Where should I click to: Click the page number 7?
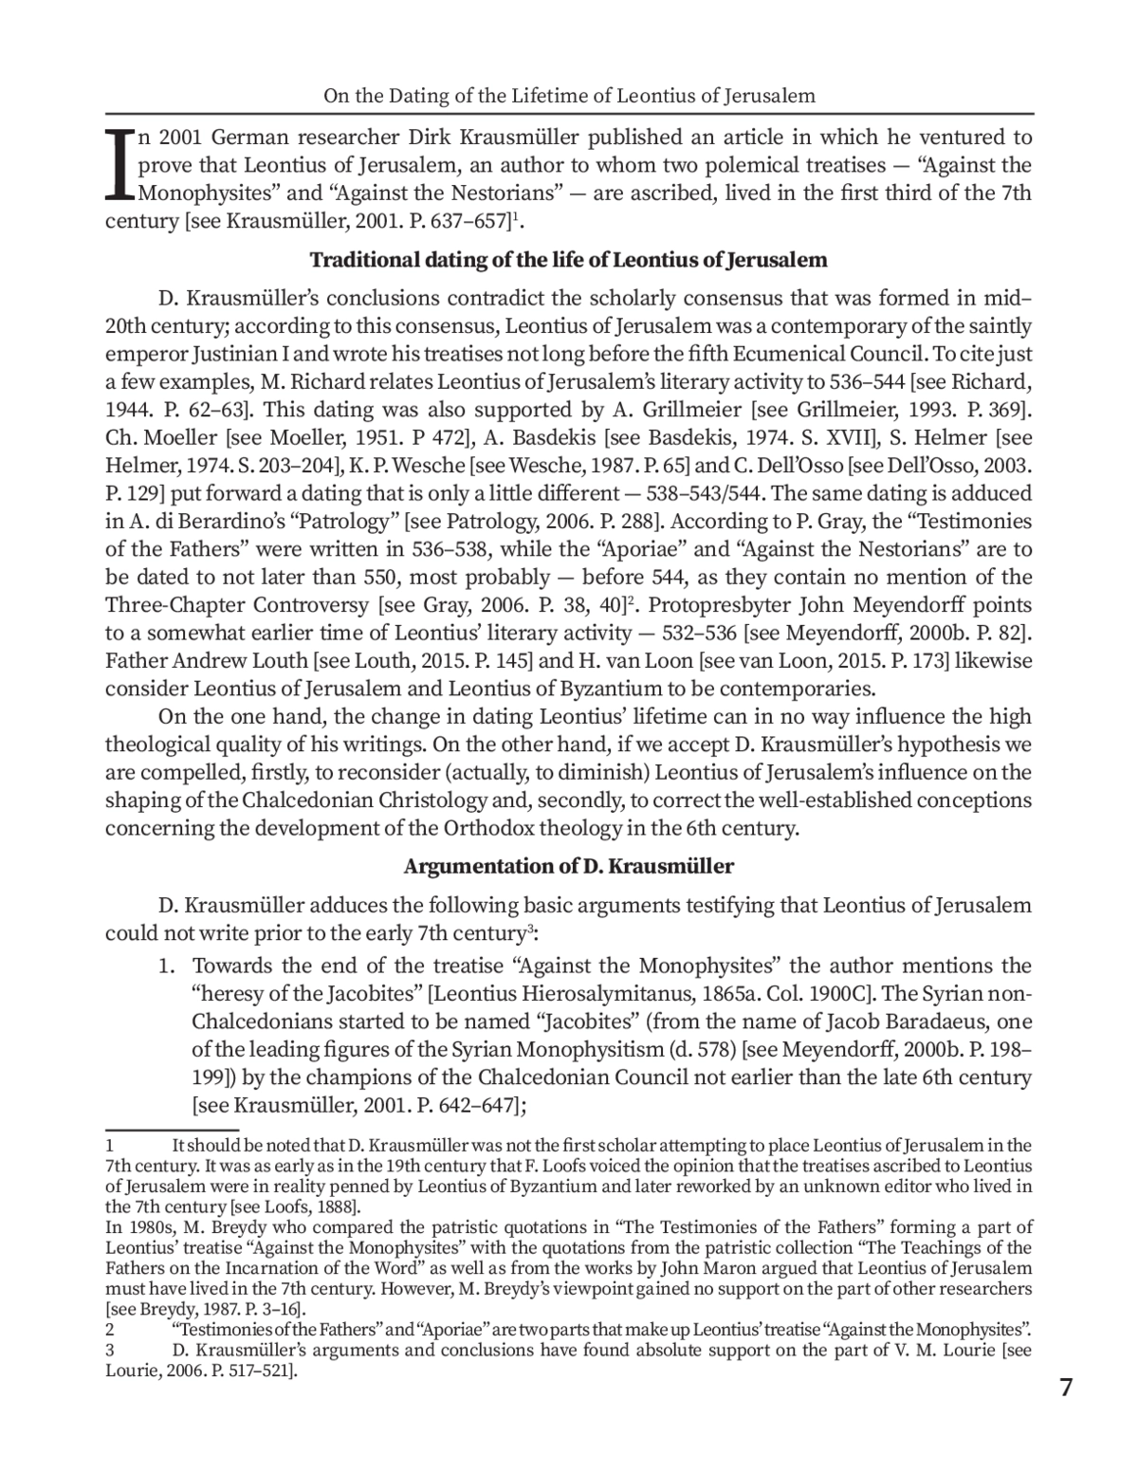click(1066, 1388)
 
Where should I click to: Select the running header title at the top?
click(569, 96)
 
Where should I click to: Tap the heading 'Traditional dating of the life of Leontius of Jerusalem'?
click(569, 260)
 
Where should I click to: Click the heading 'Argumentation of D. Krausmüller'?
click(569, 866)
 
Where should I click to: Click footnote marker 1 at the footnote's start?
click(110, 1146)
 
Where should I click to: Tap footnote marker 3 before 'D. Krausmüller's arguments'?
click(110, 1349)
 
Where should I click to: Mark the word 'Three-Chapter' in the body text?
click(165, 604)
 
